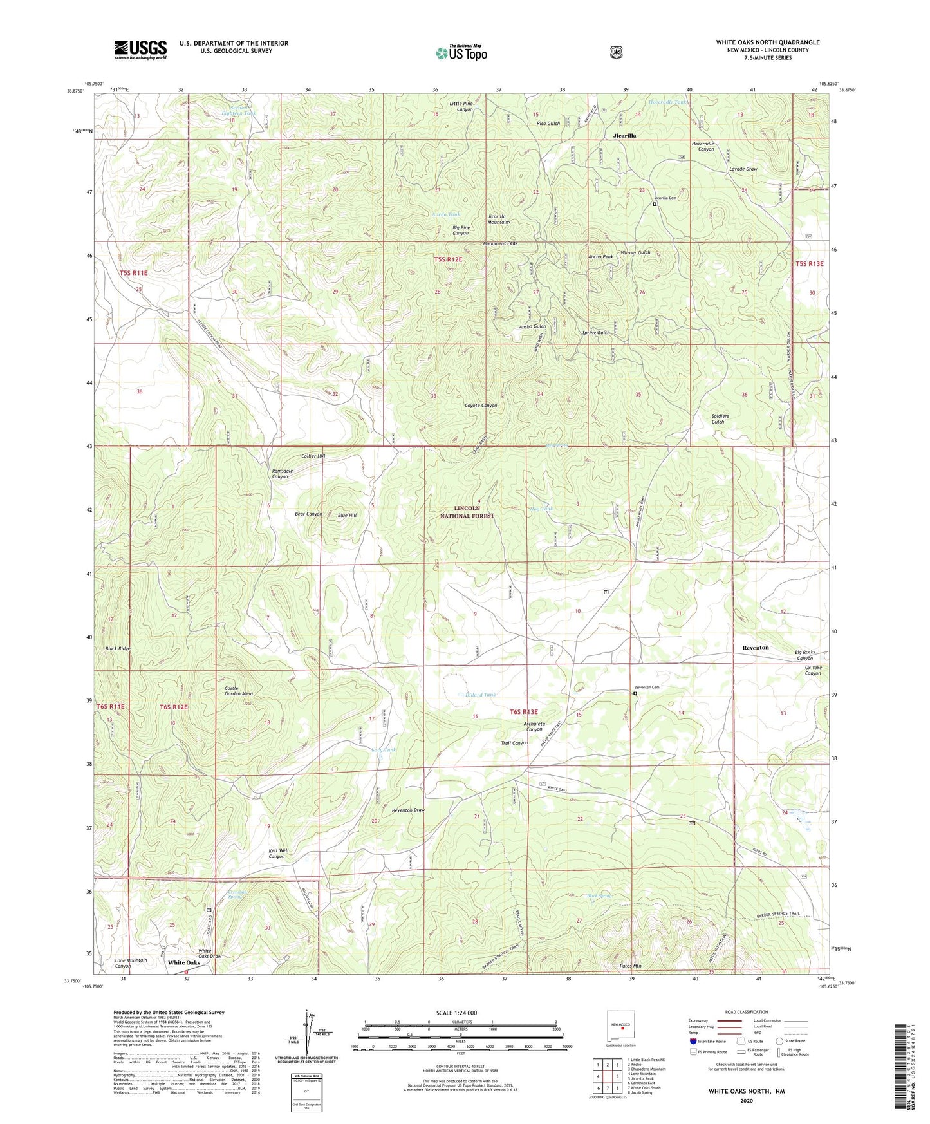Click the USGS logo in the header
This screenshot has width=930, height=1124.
[140, 50]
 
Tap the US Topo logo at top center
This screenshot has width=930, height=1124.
[461, 53]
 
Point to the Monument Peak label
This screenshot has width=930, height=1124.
[500, 243]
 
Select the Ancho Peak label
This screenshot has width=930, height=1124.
[600, 257]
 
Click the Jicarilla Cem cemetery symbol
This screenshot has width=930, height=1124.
[655, 204]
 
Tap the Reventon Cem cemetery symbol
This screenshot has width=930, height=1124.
[635, 693]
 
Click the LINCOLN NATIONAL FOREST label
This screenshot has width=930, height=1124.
[467, 512]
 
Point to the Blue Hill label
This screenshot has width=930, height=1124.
[347, 515]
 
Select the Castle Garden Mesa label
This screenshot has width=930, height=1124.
[238, 691]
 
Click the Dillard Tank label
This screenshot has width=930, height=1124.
[481, 695]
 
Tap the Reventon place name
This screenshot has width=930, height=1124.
[756, 647]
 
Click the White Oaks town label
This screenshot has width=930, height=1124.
[184, 963]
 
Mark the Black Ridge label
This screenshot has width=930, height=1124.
[118, 648]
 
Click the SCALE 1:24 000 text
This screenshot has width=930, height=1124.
[456, 1013]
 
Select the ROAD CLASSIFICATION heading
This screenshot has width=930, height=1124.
[746, 1012]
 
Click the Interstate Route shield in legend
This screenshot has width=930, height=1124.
[693, 1040]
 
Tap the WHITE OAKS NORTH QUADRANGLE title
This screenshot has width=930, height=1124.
[767, 42]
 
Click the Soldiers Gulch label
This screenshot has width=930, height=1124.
[720, 418]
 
